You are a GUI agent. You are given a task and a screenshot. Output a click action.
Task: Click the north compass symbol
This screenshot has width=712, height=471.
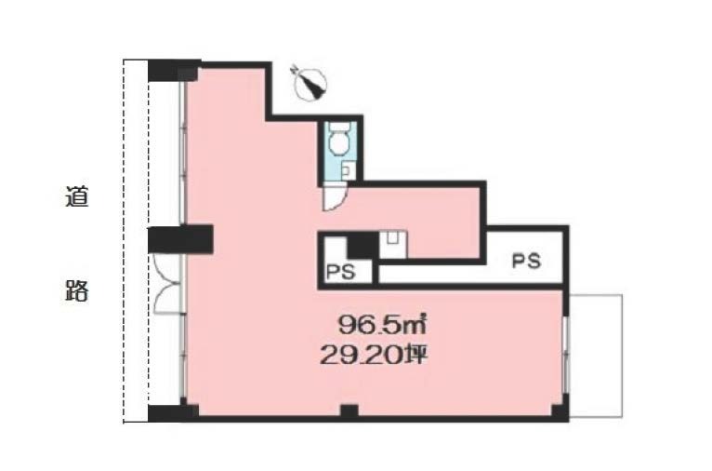click(x=310, y=82)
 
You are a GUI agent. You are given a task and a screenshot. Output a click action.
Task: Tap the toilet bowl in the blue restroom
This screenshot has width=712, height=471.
click(x=338, y=141)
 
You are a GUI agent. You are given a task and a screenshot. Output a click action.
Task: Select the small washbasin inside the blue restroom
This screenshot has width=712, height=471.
click(x=346, y=171)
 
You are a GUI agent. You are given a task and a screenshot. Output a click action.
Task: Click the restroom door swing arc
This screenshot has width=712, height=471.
click(x=335, y=198)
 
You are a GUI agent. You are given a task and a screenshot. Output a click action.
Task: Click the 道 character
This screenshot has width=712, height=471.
click(x=76, y=196)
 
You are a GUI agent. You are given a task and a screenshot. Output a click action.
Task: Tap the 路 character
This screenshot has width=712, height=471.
click(x=76, y=290)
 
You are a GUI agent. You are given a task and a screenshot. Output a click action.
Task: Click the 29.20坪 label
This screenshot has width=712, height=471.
click(x=375, y=355)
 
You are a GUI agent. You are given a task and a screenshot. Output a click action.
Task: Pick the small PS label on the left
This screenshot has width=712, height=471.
click(x=341, y=272)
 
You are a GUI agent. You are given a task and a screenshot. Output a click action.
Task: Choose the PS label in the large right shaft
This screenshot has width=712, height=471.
click(x=526, y=261)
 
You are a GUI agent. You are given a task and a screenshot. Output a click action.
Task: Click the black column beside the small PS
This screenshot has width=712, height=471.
click(x=363, y=246)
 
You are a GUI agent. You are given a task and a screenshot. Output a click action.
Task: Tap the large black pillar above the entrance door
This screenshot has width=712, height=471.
click(x=180, y=239)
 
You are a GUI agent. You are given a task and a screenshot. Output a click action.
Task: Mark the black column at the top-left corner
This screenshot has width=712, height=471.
click(x=174, y=71)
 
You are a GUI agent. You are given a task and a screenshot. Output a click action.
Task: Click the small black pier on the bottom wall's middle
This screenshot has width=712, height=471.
click(x=349, y=411)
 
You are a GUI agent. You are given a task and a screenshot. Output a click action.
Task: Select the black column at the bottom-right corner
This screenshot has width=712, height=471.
click(x=560, y=409)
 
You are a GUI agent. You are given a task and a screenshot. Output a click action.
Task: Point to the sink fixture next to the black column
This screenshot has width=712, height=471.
click(x=393, y=245)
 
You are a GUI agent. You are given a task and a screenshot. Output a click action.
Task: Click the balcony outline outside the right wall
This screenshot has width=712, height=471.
click(x=596, y=356)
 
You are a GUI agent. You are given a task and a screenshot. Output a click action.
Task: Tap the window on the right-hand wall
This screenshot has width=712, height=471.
click(x=566, y=355)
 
